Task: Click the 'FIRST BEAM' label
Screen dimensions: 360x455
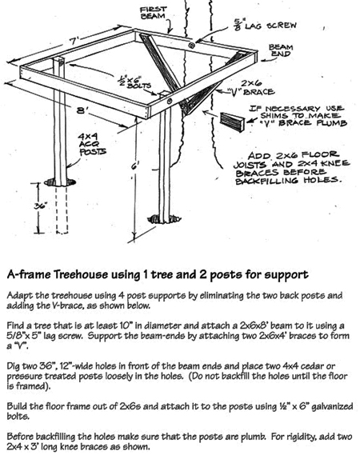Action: (x=154, y=13)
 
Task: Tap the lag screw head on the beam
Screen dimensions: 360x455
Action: (x=191, y=45)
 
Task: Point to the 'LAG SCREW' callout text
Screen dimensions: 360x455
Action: (x=266, y=25)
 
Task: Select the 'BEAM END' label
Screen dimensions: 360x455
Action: (x=281, y=50)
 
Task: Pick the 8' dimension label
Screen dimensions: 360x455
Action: (x=82, y=110)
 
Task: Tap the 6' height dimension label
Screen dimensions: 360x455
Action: (x=135, y=166)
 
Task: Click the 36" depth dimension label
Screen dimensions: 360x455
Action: (x=40, y=206)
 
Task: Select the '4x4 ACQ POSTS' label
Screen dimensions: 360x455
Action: (x=93, y=144)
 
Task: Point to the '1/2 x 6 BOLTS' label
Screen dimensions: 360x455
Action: (x=134, y=82)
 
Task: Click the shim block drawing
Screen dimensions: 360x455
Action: (x=232, y=122)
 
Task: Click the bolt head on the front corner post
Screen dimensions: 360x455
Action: (x=170, y=102)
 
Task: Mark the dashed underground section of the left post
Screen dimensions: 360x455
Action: (x=62, y=210)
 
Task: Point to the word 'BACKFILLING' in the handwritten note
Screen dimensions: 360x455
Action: (x=266, y=181)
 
